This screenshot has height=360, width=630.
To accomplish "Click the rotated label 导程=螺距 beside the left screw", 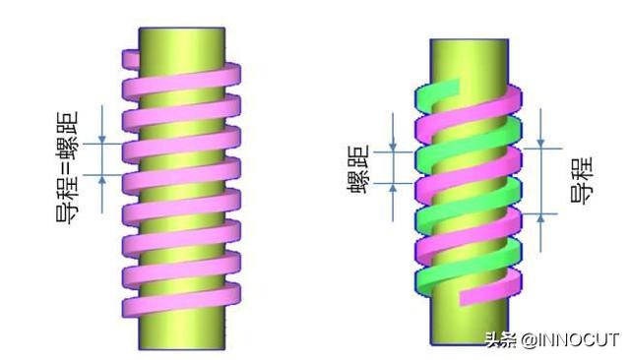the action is pyautogui.click(x=67, y=167).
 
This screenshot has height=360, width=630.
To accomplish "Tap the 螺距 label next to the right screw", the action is pyautogui.click(x=357, y=169).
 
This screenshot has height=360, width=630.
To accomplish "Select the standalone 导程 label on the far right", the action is pyautogui.click(x=582, y=180).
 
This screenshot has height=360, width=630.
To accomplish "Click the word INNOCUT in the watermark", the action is pyautogui.click(x=579, y=340).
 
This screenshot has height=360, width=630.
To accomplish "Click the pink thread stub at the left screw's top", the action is pyautogui.click(x=131, y=59).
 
